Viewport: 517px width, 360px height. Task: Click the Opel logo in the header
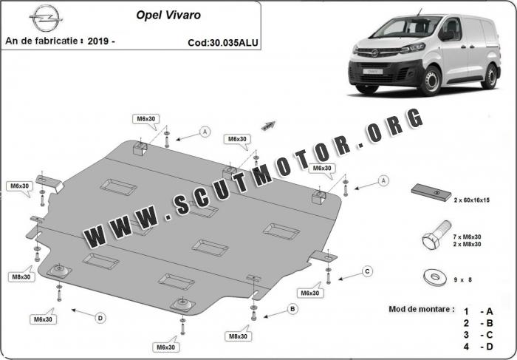[46, 18]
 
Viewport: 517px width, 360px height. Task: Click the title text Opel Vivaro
[168, 16]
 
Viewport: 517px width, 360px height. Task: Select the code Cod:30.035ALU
[223, 43]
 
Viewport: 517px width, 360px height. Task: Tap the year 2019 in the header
[98, 41]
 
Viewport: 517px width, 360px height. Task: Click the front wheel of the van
[430, 81]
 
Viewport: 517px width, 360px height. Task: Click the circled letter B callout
[292, 309]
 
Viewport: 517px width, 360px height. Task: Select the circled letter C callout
[367, 271]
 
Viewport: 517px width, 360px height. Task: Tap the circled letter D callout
[100, 318]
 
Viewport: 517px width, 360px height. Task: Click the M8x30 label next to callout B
[238, 336]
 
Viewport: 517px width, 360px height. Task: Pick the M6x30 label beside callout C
[310, 293]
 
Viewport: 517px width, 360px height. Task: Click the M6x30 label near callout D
[43, 319]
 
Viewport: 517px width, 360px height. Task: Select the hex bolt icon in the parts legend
[436, 235]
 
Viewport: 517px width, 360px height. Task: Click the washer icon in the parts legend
[434, 277]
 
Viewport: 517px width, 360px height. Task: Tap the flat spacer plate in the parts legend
[431, 192]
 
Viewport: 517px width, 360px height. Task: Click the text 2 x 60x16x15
[471, 200]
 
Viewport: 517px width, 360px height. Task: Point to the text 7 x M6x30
[467, 237]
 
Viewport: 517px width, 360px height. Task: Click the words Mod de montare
[422, 309]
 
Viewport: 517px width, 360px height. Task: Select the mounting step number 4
[466, 347]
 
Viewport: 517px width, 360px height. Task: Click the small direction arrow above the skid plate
[268, 126]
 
